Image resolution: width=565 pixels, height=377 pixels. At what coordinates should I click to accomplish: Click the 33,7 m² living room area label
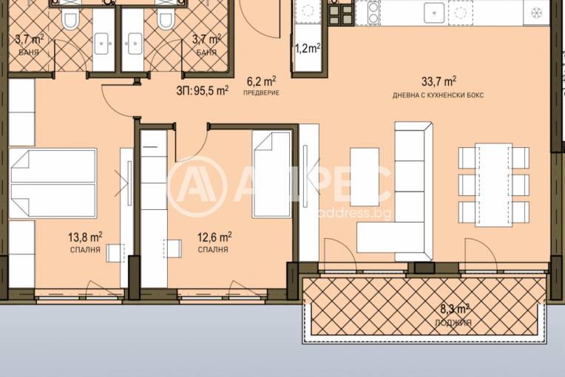point(439,81)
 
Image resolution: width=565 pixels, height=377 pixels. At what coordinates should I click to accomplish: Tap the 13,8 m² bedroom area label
point(85,237)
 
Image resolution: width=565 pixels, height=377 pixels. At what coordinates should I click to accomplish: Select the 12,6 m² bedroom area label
point(214,237)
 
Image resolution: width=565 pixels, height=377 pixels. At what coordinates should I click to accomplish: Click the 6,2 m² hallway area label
point(262,81)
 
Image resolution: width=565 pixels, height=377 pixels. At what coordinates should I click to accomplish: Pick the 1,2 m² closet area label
point(308,48)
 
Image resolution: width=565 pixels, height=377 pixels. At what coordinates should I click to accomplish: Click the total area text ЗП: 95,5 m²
point(202,90)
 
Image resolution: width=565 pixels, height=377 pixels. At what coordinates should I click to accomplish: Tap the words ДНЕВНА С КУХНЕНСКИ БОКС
point(438,95)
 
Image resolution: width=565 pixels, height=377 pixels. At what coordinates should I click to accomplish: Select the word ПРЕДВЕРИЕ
point(261,93)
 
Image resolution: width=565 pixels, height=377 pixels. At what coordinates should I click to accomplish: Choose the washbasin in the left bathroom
point(103,44)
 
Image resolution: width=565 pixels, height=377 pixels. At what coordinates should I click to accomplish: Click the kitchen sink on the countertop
point(433,13)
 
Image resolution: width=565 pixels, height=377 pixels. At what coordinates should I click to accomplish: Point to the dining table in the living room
point(493,185)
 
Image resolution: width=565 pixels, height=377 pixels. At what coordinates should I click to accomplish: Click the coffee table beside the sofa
point(365,177)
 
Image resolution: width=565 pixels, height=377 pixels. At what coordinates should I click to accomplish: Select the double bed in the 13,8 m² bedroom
point(53,183)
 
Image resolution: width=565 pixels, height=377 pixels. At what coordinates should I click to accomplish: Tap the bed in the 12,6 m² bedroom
point(272,174)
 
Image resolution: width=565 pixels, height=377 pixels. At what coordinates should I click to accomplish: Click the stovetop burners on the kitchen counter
point(341,14)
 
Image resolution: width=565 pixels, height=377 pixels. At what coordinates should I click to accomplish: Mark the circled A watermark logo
point(197,186)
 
